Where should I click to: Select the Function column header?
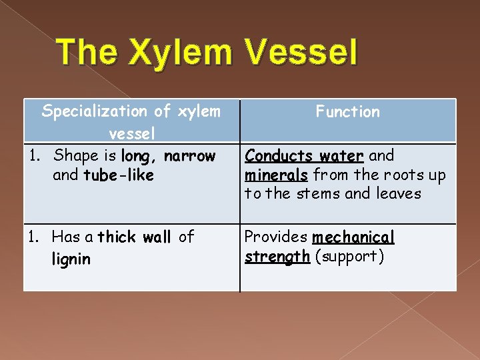[347, 112]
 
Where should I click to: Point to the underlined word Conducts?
[270, 156]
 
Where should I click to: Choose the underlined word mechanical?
[353, 237]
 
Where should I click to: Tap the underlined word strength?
[277, 257]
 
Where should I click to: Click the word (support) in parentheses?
[349, 257]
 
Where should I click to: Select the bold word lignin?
[71, 259]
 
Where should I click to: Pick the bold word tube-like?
[119, 175]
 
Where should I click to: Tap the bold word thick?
[116, 237]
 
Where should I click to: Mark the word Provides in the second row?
[276, 237]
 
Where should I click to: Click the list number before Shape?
[35, 156]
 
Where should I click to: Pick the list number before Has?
[35, 237]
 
